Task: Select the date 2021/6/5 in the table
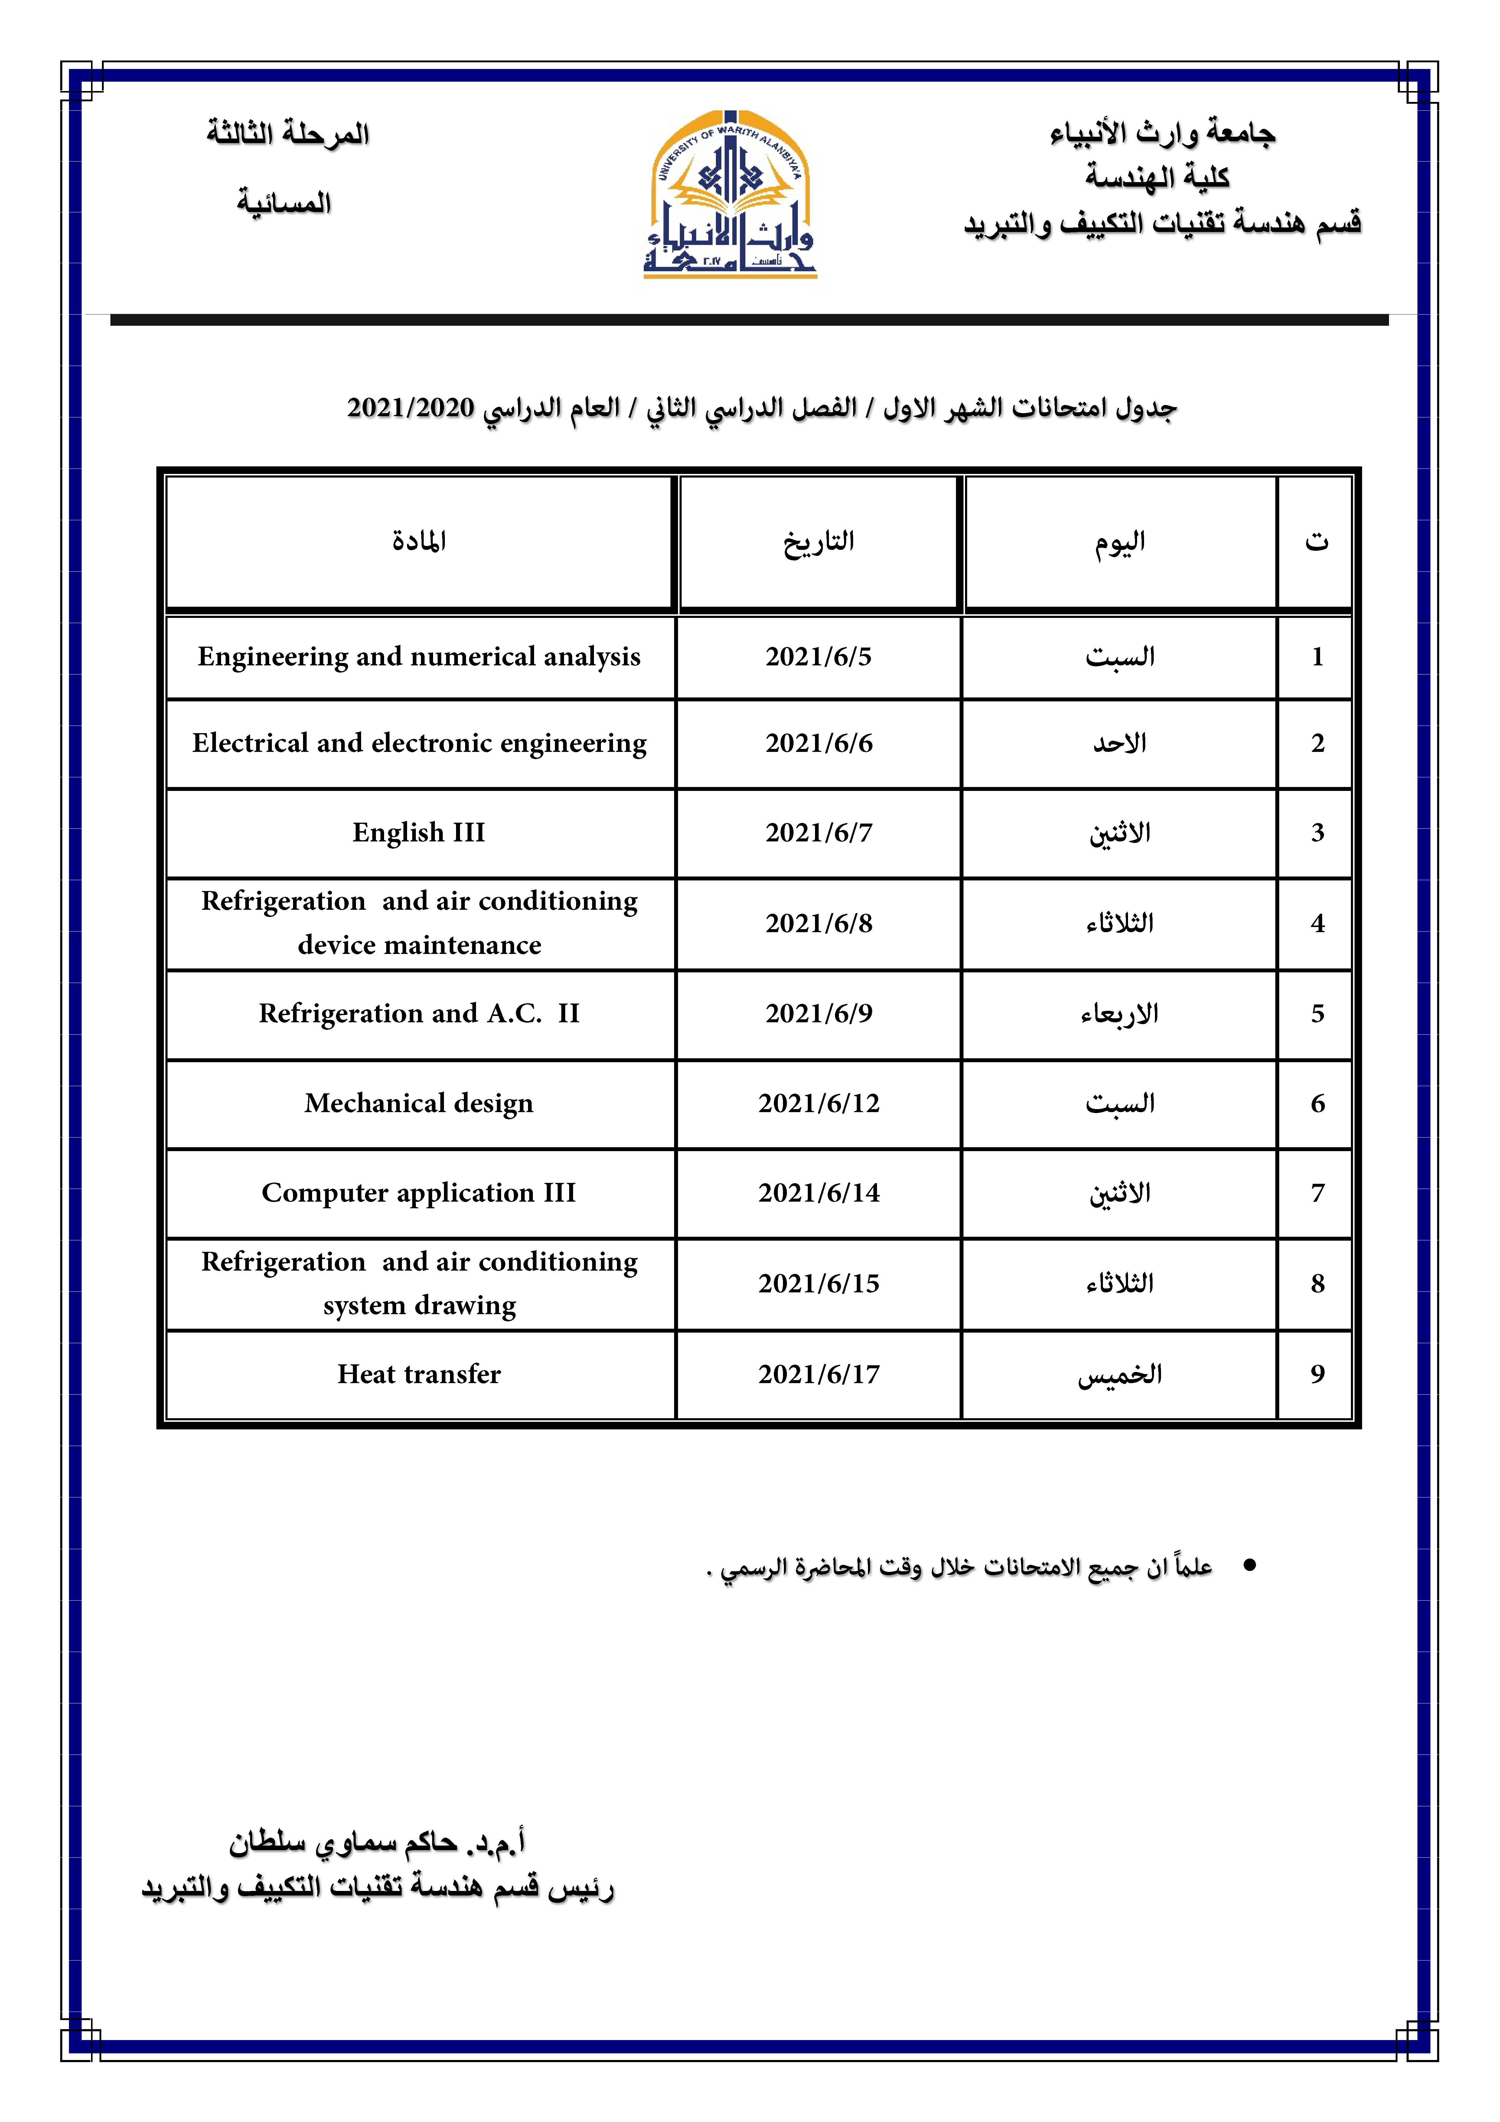tap(818, 657)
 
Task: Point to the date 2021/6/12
tap(818, 1104)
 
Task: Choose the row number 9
tap(1317, 1374)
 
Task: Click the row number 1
tap(1317, 657)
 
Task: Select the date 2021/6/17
tap(818, 1374)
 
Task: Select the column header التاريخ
tap(818, 541)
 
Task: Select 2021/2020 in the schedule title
tap(410, 408)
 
